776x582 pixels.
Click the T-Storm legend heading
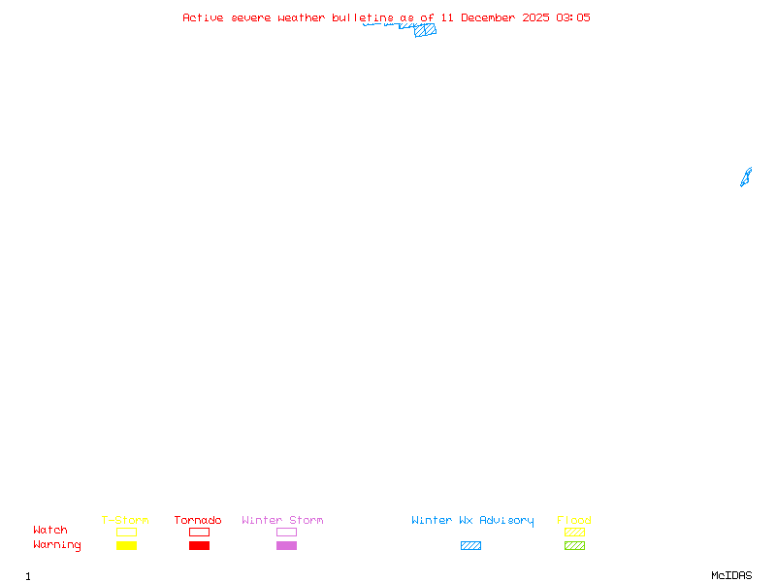(x=125, y=521)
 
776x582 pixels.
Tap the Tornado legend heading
(x=198, y=521)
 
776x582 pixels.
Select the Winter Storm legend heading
(x=282, y=521)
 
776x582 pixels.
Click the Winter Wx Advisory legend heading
(x=472, y=521)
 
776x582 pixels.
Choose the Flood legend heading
(x=574, y=521)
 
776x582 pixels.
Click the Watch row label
(x=50, y=531)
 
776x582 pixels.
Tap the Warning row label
(x=57, y=545)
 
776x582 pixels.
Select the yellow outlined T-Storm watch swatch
(x=126, y=532)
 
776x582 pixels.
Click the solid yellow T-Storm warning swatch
(x=126, y=546)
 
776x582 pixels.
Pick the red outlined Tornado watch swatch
(x=199, y=532)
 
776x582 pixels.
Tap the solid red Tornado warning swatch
(x=199, y=546)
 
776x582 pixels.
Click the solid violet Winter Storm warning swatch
(x=286, y=546)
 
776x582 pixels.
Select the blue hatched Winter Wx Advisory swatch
(x=470, y=546)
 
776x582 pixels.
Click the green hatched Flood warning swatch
(x=574, y=546)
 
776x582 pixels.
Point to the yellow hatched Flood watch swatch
(x=574, y=532)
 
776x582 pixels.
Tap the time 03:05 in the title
(x=572, y=17)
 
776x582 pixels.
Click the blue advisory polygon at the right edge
(x=746, y=178)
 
